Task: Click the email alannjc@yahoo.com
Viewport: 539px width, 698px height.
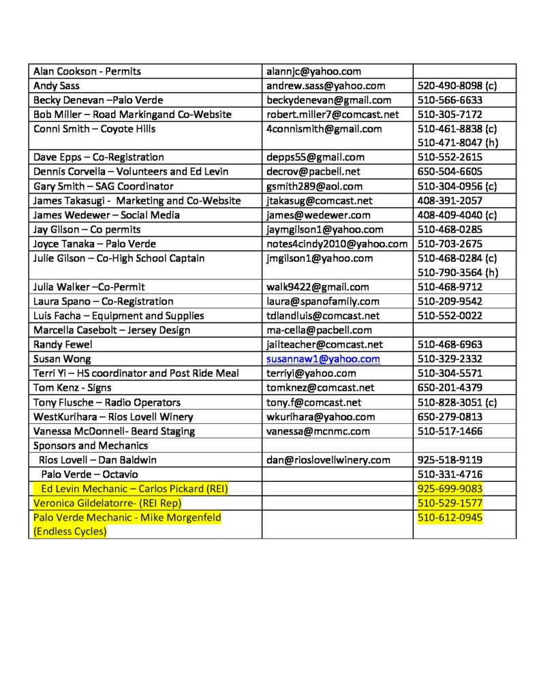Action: pyautogui.click(x=313, y=72)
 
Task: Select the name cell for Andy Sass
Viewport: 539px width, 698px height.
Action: pyautogui.click(x=57, y=86)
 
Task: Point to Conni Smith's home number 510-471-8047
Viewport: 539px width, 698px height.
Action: pyautogui.click(x=450, y=143)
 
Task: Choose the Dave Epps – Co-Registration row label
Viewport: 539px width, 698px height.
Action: pyautogui.click(x=99, y=157)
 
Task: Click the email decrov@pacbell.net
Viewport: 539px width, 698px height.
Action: pyautogui.click(x=313, y=172)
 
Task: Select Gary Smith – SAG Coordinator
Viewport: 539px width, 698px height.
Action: pyautogui.click(x=104, y=186)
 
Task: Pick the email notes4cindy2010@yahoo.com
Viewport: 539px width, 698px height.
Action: pyautogui.click(x=337, y=243)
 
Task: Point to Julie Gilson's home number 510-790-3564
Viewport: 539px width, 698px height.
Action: pyautogui.click(x=450, y=273)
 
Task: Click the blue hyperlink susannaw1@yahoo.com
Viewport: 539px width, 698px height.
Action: pyautogui.click(x=323, y=359)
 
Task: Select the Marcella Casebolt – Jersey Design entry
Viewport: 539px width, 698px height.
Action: pyautogui.click(x=112, y=330)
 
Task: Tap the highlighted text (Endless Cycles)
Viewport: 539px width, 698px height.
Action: pyautogui.click(x=70, y=531)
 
